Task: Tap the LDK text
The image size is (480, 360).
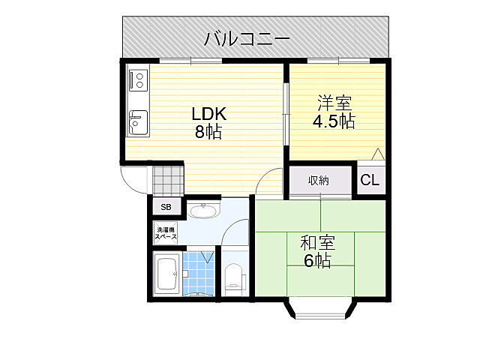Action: point(208,114)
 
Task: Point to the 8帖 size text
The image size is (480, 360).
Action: point(208,133)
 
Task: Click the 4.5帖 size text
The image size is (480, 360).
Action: point(333,121)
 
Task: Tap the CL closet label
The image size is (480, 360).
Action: point(370,180)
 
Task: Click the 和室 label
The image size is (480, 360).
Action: point(317,242)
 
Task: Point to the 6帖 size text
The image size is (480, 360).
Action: point(317,261)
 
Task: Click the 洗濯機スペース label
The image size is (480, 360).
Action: point(166,233)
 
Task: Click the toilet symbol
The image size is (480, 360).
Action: point(235,280)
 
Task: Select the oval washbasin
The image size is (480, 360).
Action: point(202,211)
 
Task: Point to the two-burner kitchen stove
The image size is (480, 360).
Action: point(138,79)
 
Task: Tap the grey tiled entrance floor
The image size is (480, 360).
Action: point(168,179)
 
